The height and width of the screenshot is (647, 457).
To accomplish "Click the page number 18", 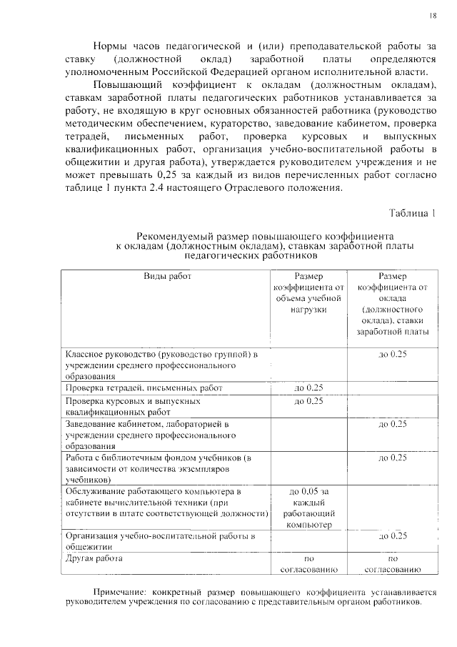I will coord(433,16).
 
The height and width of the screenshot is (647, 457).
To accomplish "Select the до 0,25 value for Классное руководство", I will coord(392,355).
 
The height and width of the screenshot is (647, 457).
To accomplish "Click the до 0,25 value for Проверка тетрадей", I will coord(309,387).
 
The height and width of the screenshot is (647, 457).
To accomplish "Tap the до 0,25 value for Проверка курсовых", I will coord(309,401).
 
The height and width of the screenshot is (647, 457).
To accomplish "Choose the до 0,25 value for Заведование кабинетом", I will coord(392,424).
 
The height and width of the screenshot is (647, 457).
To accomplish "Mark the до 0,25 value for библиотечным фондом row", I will coord(392,458).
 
